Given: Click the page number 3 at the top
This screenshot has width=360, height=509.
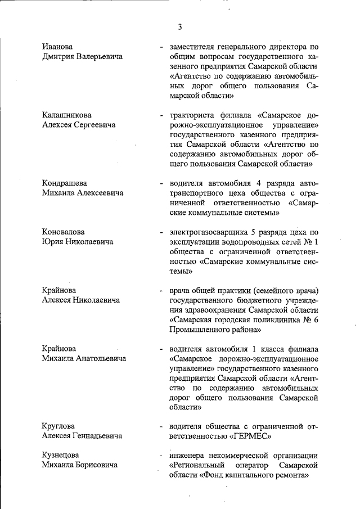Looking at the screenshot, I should point(180,26).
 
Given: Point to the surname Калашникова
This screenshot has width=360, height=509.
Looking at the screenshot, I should point(67,115).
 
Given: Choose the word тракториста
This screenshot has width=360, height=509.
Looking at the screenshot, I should point(193,115).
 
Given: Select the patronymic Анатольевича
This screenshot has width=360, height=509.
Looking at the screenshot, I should point(99,358).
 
